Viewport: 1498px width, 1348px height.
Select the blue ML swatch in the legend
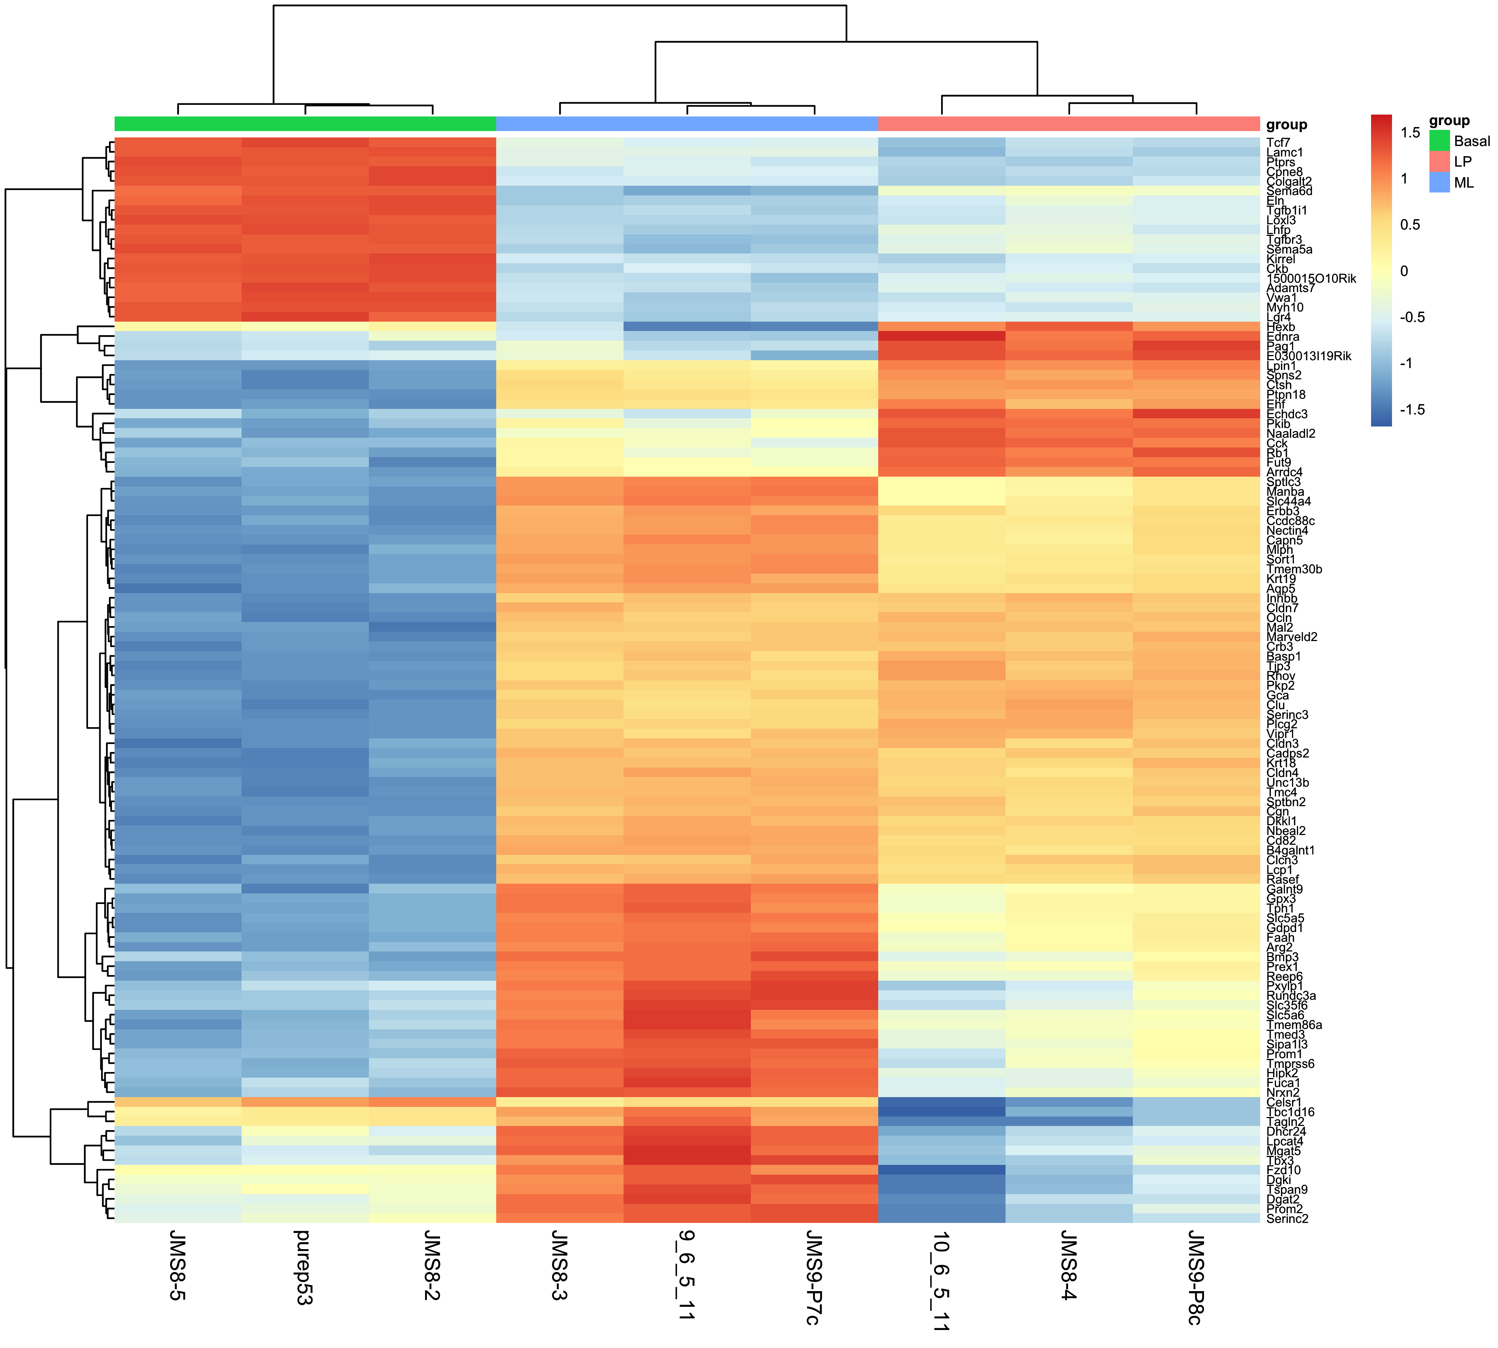pyautogui.click(x=1439, y=182)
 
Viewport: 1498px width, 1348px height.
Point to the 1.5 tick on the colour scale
pyautogui.click(x=1410, y=133)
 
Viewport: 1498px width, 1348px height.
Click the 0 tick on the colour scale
pyautogui.click(x=1404, y=271)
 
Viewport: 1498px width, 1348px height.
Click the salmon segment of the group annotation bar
pyautogui.click(x=1068, y=124)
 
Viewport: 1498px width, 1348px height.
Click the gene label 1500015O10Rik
pyautogui.click(x=1311, y=279)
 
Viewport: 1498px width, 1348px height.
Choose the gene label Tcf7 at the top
pyautogui.click(x=1278, y=142)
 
